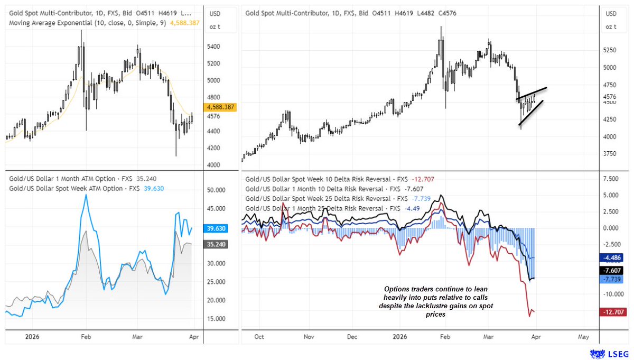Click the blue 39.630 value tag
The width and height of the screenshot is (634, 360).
point(217,228)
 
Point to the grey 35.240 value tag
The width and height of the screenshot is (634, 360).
point(217,245)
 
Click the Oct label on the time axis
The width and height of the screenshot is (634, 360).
point(259,336)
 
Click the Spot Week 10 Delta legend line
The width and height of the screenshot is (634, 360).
point(328,179)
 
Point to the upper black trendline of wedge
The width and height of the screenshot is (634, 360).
point(531,93)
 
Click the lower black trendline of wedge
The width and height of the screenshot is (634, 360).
point(530,113)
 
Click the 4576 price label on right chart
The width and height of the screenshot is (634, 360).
point(611,97)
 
